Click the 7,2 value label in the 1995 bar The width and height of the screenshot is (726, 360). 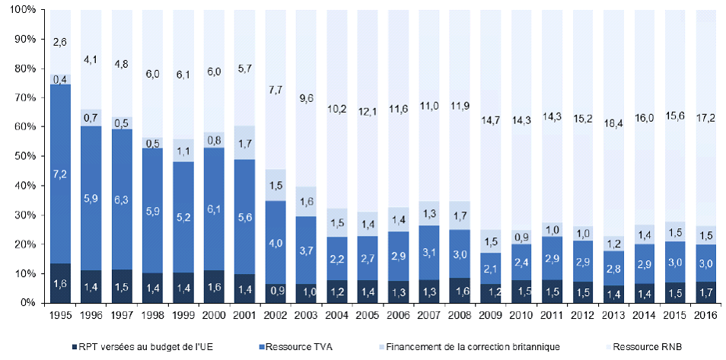(x=61, y=175)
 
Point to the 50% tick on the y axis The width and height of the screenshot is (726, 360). (x=24, y=156)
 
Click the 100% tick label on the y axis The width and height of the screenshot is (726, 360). (x=21, y=9)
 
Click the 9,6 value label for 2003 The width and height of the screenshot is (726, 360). (x=304, y=97)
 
